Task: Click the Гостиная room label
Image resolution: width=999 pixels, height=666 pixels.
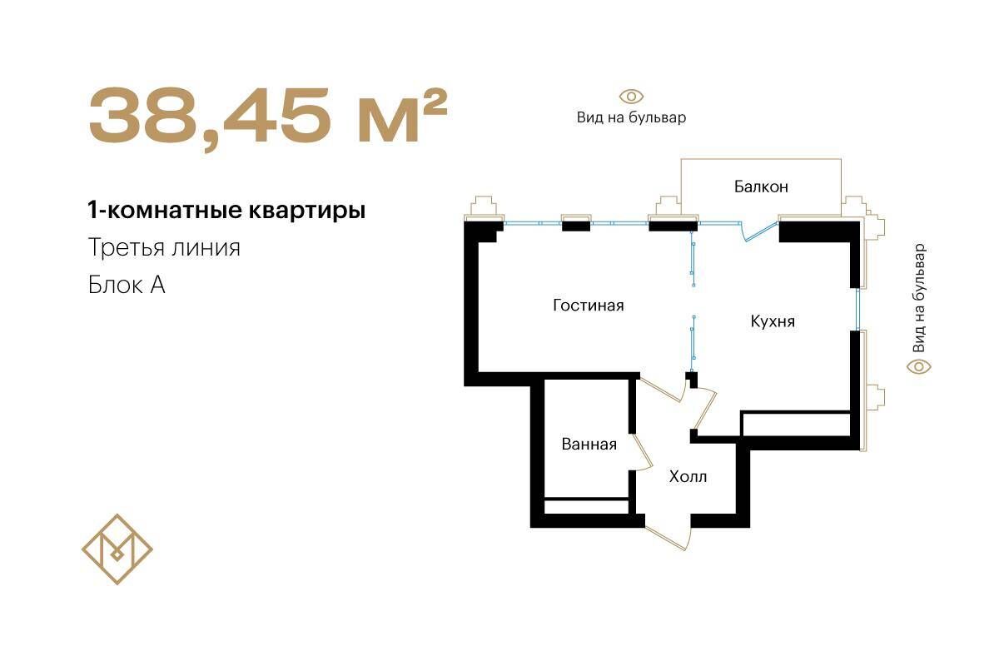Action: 589,306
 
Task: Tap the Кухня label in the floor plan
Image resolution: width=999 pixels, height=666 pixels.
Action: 773,321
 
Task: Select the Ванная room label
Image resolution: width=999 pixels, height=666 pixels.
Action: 589,445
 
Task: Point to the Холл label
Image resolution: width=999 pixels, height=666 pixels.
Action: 688,477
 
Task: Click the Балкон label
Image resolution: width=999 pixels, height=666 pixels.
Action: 761,186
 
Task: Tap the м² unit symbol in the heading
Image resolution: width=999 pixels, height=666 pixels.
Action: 403,115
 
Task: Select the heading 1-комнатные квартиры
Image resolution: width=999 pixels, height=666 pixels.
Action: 226,210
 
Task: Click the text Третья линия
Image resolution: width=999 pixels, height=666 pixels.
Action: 164,247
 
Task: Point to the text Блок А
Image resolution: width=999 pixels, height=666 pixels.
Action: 127,285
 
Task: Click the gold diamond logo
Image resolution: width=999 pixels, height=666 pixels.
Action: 117,549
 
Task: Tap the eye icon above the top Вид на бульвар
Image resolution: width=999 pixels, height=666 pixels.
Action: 631,97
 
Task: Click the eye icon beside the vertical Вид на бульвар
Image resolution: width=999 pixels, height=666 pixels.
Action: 919,367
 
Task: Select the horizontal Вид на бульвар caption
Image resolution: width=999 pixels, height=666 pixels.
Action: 632,117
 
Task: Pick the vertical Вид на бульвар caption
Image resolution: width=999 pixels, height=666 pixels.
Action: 919,297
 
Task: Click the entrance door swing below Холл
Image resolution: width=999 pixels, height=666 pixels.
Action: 668,538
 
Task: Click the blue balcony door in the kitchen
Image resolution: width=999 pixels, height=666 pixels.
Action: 760,231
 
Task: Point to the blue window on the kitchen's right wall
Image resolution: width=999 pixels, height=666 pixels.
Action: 857,310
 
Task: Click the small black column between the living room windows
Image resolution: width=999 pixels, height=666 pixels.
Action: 576,226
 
